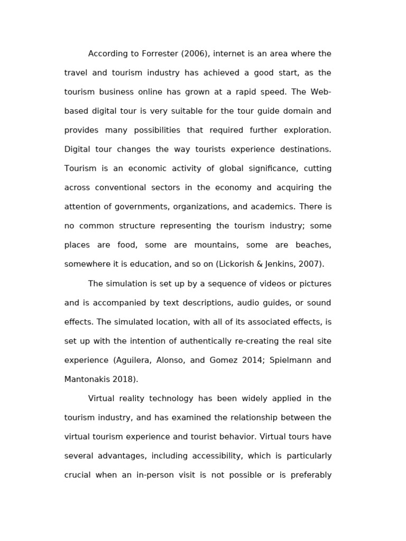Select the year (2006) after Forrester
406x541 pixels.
196,54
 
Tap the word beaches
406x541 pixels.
313,245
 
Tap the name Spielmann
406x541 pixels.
285,360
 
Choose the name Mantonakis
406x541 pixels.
87,379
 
